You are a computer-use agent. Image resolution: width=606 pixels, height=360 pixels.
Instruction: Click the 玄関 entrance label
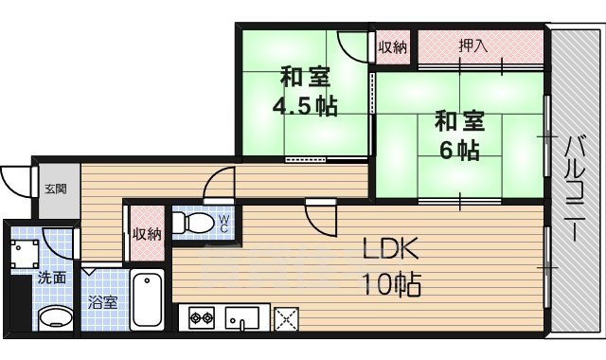click(x=53, y=189)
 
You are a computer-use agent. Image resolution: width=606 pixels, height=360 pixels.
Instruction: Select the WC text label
click(x=223, y=223)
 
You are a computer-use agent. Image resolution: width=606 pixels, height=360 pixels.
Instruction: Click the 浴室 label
click(x=102, y=303)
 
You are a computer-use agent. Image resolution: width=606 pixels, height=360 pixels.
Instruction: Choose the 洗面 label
click(x=52, y=279)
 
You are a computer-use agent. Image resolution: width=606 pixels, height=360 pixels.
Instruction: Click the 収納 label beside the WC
click(x=146, y=234)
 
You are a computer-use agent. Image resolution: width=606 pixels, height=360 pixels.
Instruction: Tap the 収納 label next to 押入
click(x=393, y=45)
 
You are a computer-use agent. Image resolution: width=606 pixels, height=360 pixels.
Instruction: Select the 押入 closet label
click(x=472, y=45)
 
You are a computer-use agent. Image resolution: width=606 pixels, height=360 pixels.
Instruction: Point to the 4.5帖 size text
click(x=306, y=105)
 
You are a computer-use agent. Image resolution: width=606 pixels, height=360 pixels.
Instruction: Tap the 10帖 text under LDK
click(x=390, y=283)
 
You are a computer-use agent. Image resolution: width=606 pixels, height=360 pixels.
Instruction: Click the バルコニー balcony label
click(x=575, y=189)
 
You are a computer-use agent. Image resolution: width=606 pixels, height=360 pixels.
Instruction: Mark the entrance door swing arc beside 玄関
click(x=15, y=180)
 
